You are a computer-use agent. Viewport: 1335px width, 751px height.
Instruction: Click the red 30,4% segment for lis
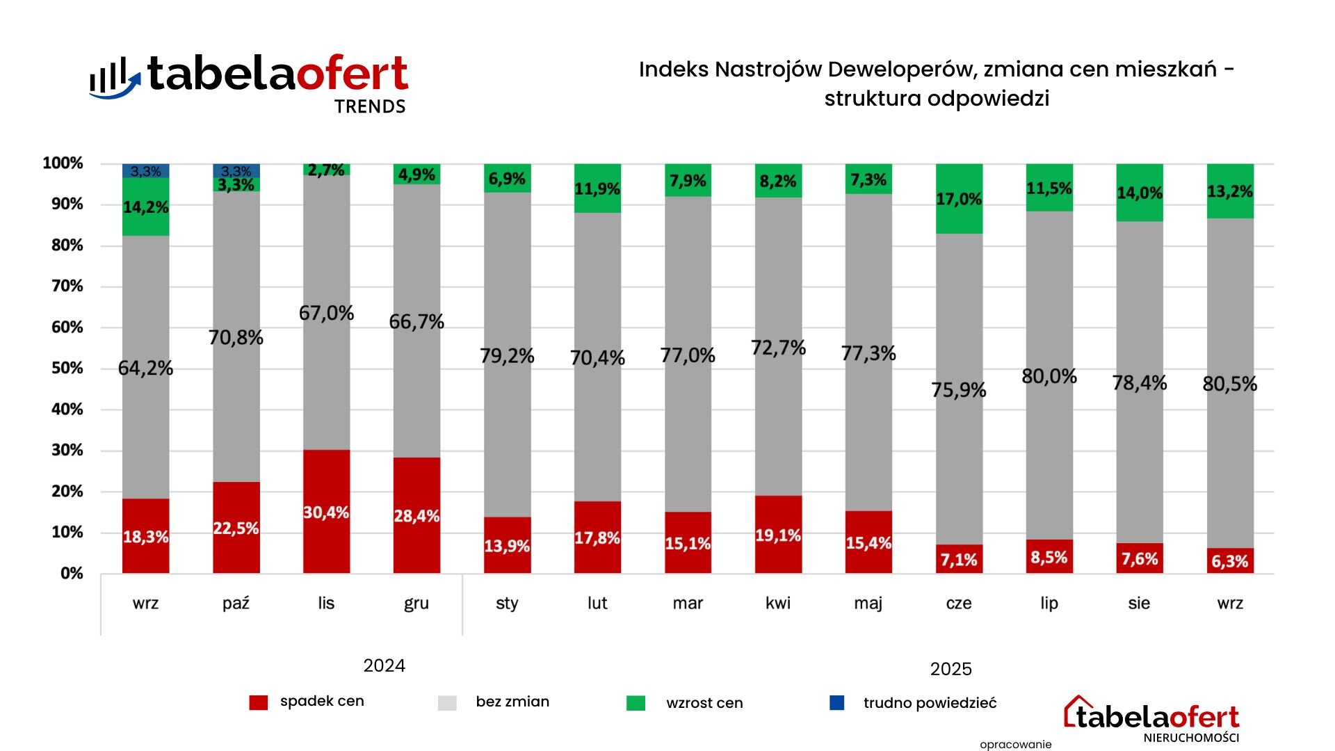click(326, 512)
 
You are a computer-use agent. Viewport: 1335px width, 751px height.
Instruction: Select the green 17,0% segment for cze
click(959, 199)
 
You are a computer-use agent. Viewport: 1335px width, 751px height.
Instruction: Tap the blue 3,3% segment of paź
click(236, 170)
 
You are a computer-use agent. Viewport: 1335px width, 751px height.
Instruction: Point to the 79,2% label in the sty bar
click(507, 356)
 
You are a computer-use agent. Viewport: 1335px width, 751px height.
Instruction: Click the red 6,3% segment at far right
click(1229, 560)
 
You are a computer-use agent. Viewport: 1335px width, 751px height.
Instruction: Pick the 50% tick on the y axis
click(67, 368)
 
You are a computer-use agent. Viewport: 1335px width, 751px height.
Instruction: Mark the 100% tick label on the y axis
click(63, 163)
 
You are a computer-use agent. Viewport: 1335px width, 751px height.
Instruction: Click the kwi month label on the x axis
click(778, 603)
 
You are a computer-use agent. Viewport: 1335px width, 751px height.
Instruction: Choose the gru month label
click(416, 603)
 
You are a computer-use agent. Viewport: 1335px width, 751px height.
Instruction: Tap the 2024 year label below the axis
click(384, 665)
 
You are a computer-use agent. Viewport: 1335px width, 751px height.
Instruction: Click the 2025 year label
click(950, 669)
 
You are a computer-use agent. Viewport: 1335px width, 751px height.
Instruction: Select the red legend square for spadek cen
click(258, 702)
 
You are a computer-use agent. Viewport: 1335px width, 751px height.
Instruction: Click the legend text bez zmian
click(512, 702)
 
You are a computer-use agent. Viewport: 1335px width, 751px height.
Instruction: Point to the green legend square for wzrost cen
click(636, 703)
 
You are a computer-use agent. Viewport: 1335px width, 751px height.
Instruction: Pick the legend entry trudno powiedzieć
click(930, 703)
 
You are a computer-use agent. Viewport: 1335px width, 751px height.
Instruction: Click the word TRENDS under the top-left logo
click(370, 106)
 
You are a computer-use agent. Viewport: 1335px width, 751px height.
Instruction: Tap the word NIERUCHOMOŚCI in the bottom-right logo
click(1191, 738)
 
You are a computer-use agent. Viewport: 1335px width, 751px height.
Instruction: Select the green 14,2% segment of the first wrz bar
click(145, 207)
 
